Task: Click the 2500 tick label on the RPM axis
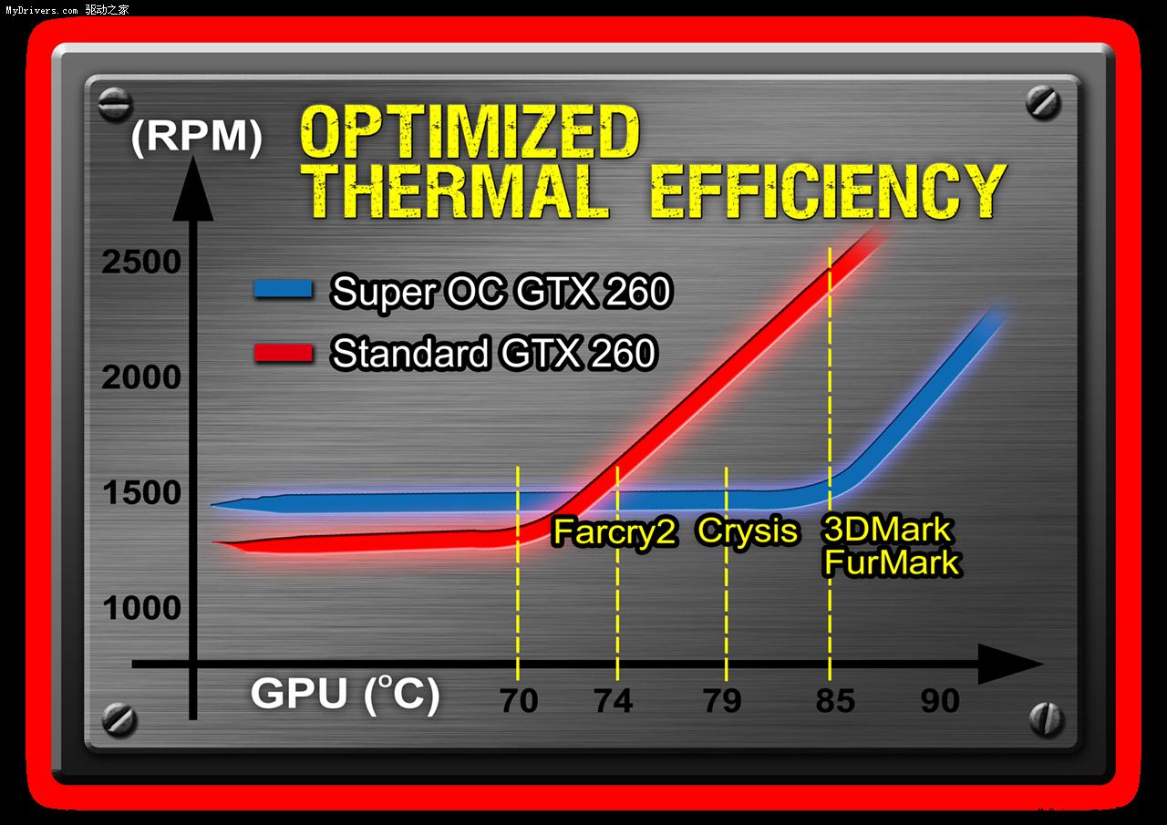point(141,263)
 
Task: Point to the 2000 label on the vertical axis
point(141,377)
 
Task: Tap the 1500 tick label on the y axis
point(141,493)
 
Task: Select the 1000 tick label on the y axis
point(141,608)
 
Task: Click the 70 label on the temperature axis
point(519,701)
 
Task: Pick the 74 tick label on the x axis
point(614,701)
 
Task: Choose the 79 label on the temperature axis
point(723,701)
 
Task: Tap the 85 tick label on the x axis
point(835,701)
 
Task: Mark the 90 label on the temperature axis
point(940,701)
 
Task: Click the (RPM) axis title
point(196,138)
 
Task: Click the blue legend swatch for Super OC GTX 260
point(284,290)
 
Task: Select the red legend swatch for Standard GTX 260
point(284,352)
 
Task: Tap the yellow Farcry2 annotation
point(614,532)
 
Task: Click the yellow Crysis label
point(748,531)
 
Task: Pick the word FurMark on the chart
point(891,562)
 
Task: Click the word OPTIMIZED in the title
point(470,133)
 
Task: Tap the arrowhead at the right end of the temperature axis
point(1011,665)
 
